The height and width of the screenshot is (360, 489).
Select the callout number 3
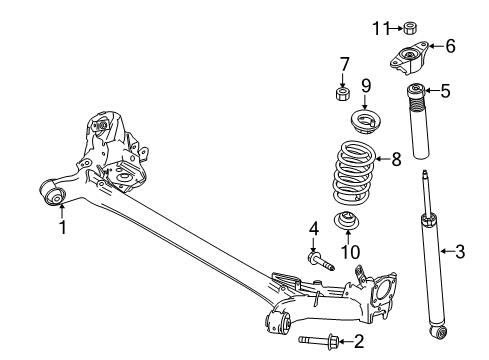pyautogui.click(x=459, y=251)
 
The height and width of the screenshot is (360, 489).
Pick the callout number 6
pyautogui.click(x=450, y=45)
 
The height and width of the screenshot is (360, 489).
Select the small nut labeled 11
pyautogui.click(x=410, y=26)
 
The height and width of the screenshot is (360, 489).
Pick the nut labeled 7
pyautogui.click(x=343, y=96)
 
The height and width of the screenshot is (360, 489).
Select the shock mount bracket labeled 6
pyautogui.click(x=411, y=58)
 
